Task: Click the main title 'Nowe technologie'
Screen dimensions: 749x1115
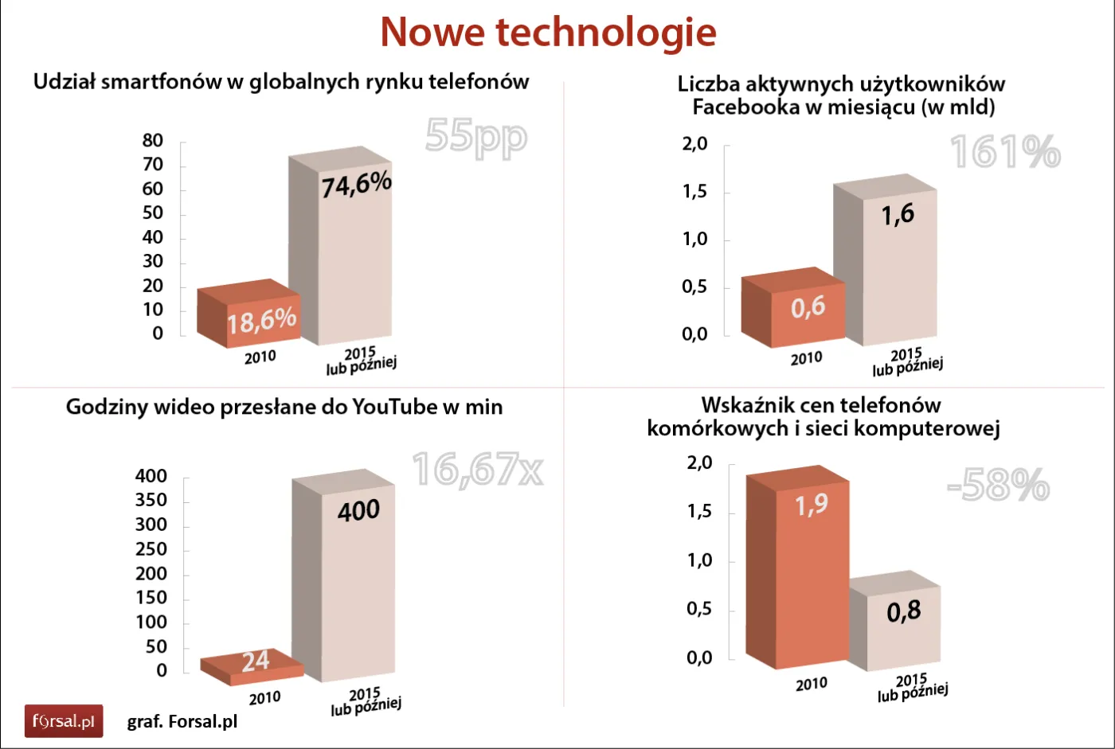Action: (x=548, y=33)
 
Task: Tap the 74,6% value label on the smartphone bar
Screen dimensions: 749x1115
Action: (x=356, y=185)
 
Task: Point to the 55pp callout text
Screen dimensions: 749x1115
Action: (x=475, y=136)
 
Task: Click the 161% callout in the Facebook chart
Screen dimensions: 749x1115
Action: (x=1005, y=151)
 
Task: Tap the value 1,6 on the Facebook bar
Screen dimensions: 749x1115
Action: (x=898, y=215)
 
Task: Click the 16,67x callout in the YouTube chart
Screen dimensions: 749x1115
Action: (x=478, y=470)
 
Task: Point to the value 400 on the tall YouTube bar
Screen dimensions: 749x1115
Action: (x=358, y=510)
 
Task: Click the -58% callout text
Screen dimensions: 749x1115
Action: (x=998, y=484)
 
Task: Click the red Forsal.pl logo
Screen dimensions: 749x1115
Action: (x=64, y=721)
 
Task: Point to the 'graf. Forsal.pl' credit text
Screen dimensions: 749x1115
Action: (x=182, y=722)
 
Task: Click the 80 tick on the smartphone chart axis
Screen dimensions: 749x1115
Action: (x=153, y=141)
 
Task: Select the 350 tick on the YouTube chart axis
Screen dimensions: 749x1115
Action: (x=151, y=501)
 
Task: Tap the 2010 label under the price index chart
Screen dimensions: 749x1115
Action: (x=811, y=685)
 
